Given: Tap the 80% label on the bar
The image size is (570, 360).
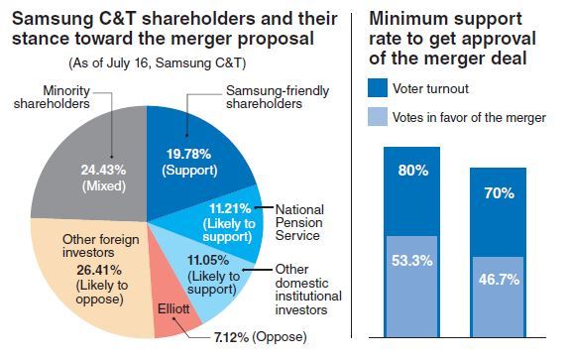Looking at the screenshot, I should (414, 171).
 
